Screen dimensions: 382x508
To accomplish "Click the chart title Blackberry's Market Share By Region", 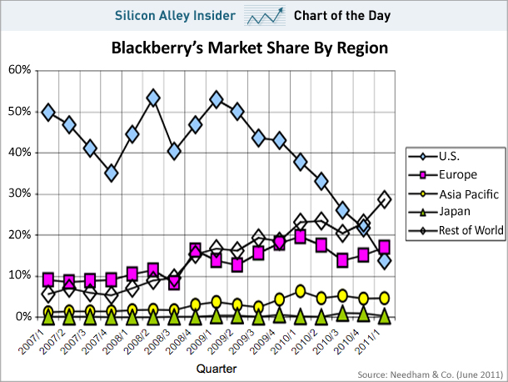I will click(250, 48).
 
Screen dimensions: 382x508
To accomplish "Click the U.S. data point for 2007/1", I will click(48, 112).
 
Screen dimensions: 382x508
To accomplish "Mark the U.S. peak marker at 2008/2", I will click(153, 98).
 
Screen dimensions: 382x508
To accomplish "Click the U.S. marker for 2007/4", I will click(112, 173).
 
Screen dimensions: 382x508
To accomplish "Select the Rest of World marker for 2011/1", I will click(384, 199).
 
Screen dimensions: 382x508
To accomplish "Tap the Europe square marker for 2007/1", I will click(48, 279).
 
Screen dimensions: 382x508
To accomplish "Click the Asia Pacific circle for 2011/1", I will click(384, 298).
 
